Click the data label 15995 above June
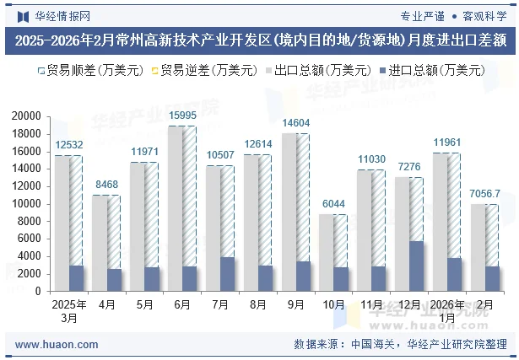coord(182,116)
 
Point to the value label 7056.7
coord(485,194)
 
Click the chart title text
coord(259,40)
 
